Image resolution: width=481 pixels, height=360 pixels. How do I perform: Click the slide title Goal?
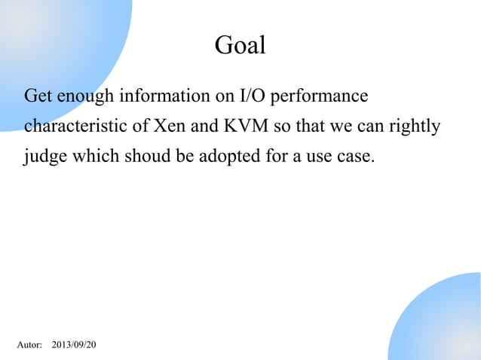point(240,46)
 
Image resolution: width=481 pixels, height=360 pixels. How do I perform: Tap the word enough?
point(83,98)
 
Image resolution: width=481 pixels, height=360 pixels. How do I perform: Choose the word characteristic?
point(76,126)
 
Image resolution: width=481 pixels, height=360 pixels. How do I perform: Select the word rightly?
point(415,127)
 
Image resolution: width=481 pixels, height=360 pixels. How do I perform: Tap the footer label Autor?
point(29,345)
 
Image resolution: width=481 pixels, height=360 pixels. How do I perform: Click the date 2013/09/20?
point(74,345)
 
